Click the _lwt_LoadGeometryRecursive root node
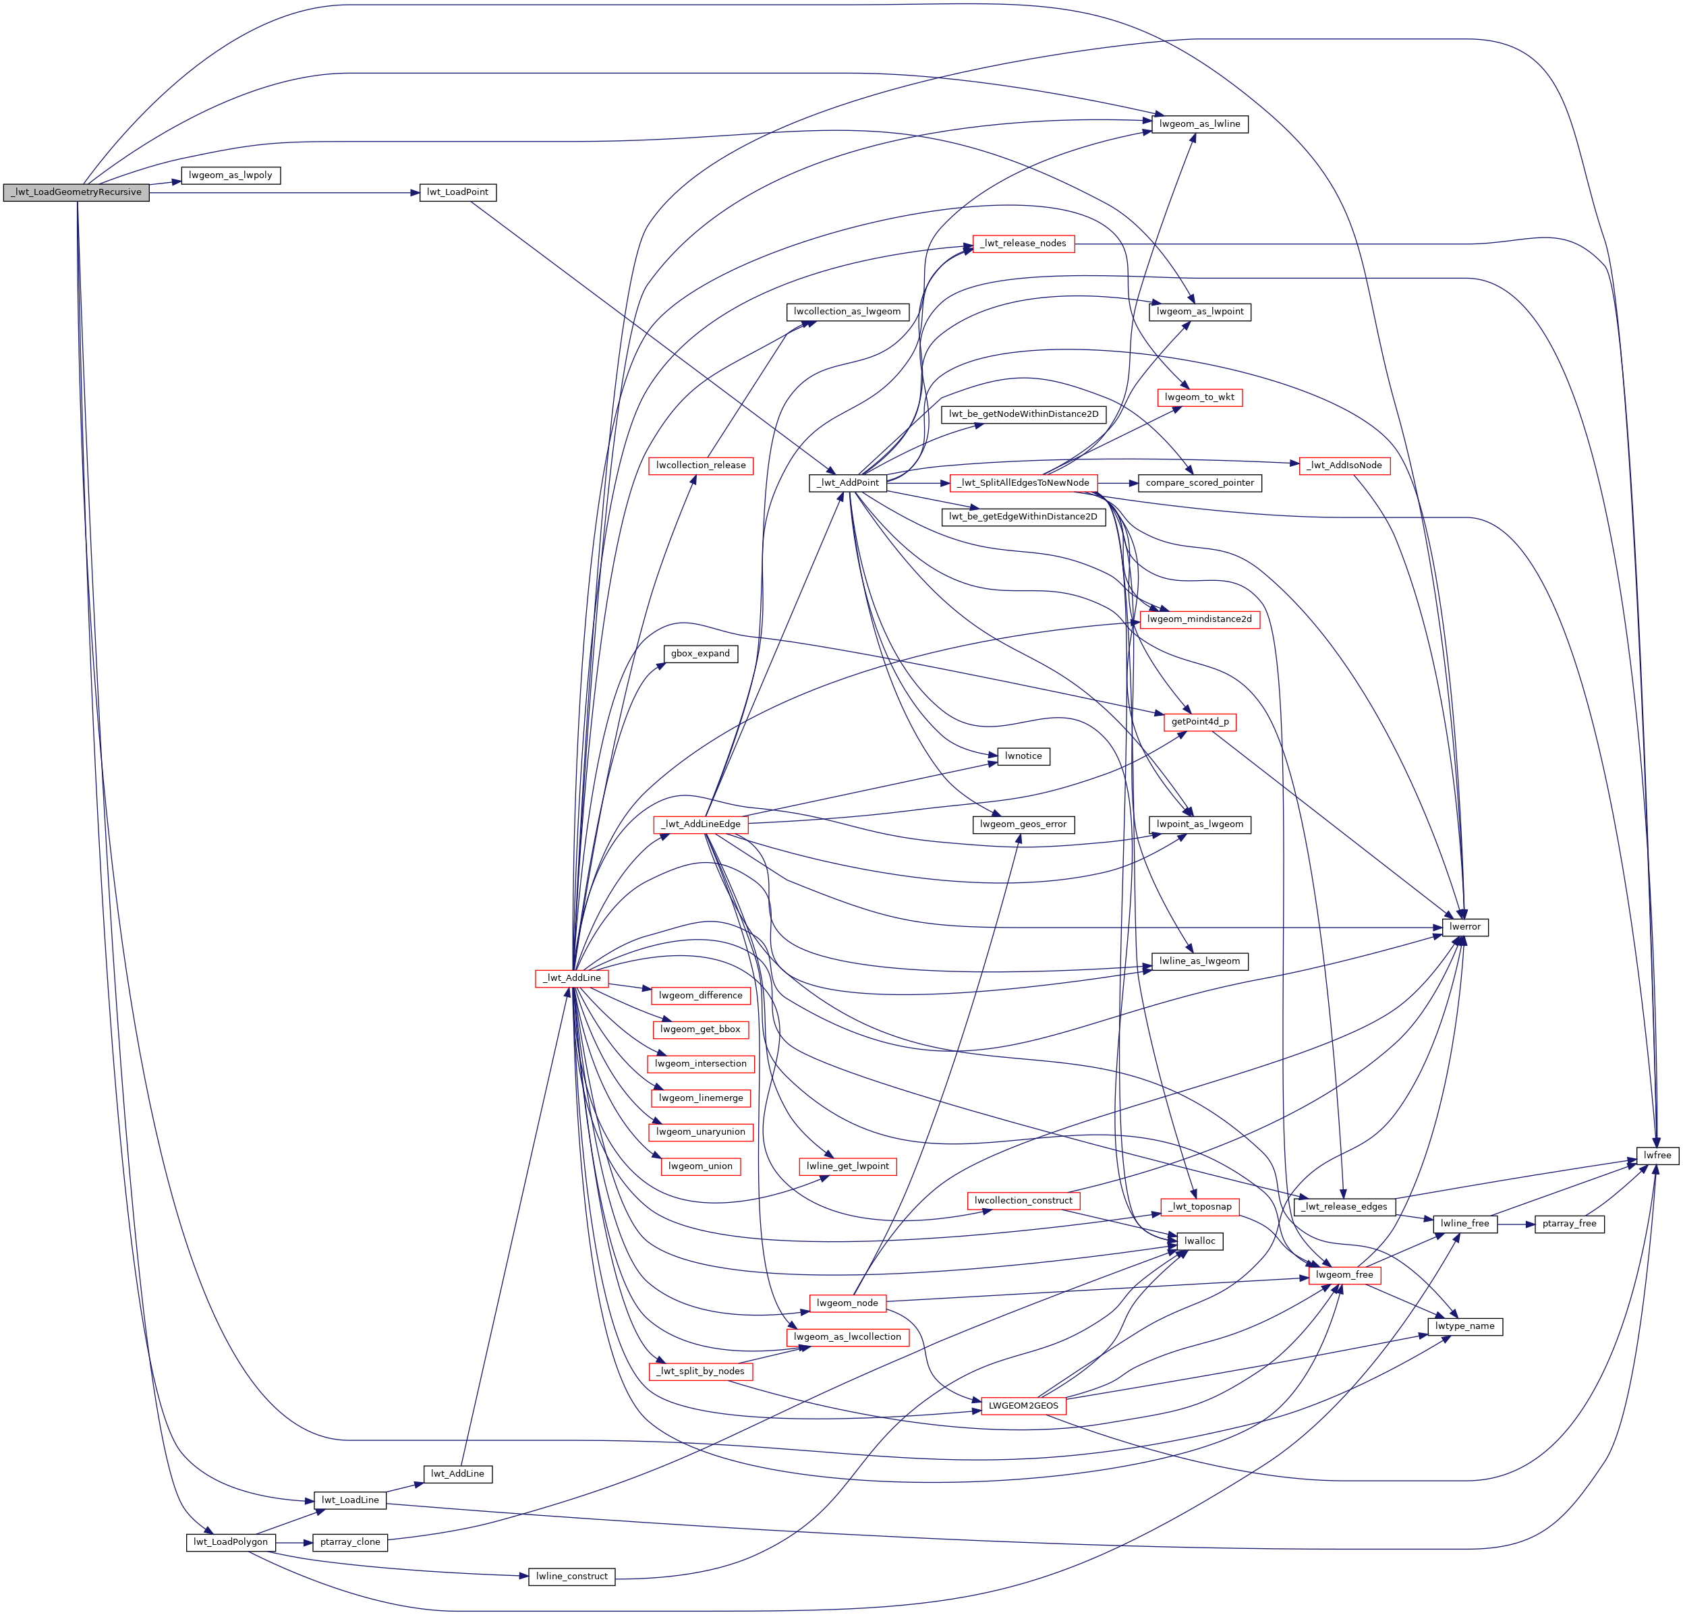click(x=76, y=192)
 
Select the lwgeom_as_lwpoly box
click(x=230, y=175)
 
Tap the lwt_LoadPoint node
click(x=457, y=192)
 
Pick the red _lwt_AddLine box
click(x=572, y=978)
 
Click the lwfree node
click(x=1657, y=1156)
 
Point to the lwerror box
click(x=1465, y=928)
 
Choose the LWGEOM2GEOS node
click(x=1023, y=1405)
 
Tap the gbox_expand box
click(x=701, y=654)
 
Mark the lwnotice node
click(x=1023, y=756)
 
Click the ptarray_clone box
click(x=349, y=1542)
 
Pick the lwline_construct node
click(x=572, y=1577)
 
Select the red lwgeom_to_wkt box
click(x=1199, y=397)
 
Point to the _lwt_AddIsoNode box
click(x=1344, y=465)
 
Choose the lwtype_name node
click(x=1465, y=1326)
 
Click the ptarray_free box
click(x=1569, y=1224)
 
